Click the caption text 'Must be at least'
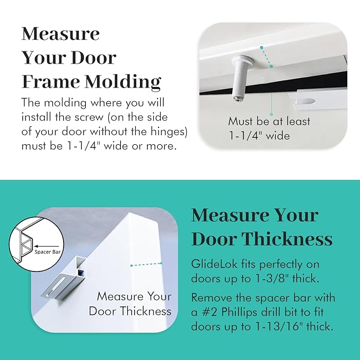tap(269, 121)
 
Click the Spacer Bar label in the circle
tap(50, 251)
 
